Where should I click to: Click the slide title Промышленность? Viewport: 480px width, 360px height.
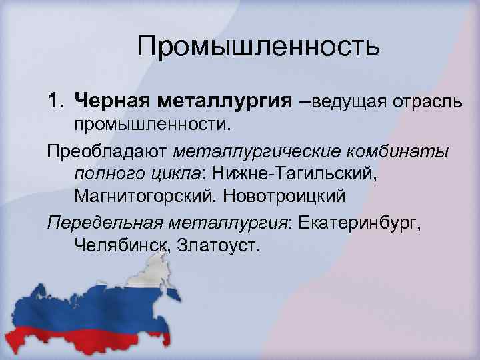click(x=259, y=47)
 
